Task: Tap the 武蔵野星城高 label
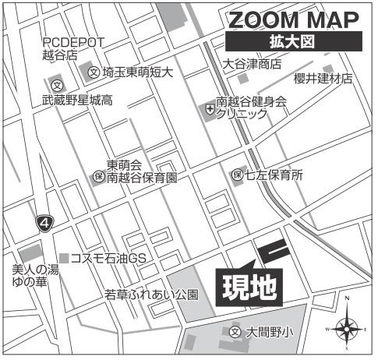(77, 101)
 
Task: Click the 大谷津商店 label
(252, 64)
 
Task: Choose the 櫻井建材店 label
(323, 79)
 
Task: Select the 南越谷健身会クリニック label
(251, 108)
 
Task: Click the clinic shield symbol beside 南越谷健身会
(208, 108)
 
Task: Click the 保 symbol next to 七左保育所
(237, 176)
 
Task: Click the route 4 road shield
(45, 224)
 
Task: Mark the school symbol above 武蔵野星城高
(56, 84)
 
